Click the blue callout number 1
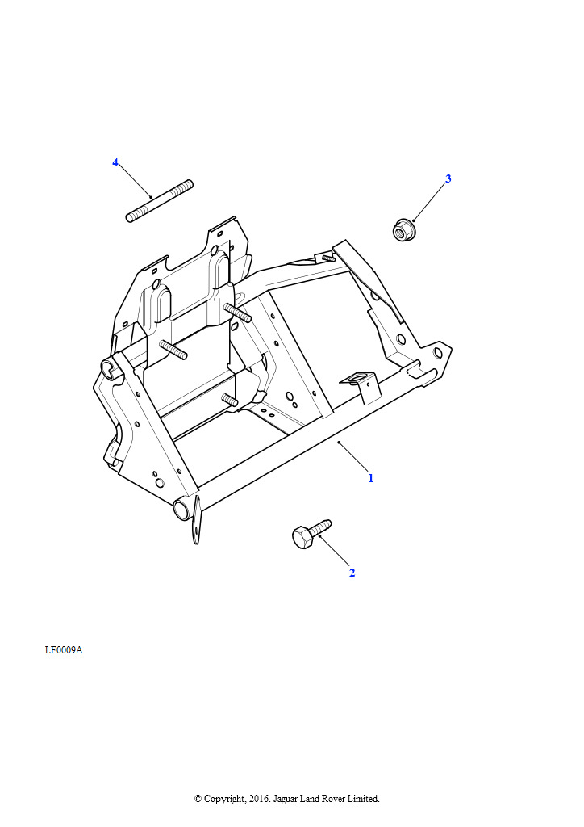point(371,478)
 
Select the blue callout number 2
point(352,573)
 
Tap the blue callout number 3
point(448,178)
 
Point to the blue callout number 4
point(115,162)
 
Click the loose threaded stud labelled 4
point(160,201)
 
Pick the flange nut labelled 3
point(403,230)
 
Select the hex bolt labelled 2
point(311,534)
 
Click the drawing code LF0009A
point(64,650)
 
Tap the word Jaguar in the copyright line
point(285,799)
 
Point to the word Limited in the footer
point(362,799)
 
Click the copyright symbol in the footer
point(198,799)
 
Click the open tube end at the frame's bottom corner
point(181,510)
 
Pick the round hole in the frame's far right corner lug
point(437,352)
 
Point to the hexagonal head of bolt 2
point(302,537)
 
